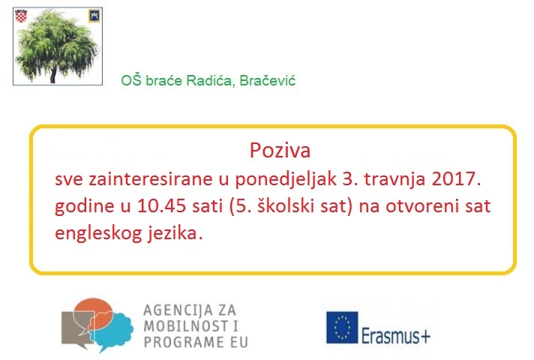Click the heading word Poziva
point(280,150)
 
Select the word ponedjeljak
point(286,179)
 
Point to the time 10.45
point(161,205)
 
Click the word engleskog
point(98,234)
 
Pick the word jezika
point(175,234)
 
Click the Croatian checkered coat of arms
point(21,16)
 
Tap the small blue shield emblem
point(94,15)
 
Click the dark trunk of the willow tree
point(52,75)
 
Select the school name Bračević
point(267,81)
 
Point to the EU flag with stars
point(342,327)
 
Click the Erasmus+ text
point(395,336)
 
